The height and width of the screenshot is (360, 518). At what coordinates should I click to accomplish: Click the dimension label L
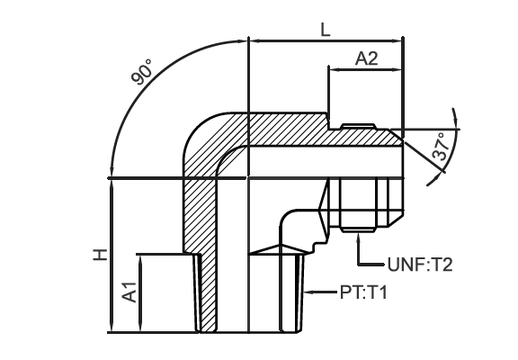[x=326, y=30]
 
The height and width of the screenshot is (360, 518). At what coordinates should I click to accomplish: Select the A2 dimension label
[x=366, y=58]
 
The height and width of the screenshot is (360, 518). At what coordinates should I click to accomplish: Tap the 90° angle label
[x=142, y=72]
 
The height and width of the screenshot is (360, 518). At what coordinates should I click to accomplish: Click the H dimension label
[x=100, y=255]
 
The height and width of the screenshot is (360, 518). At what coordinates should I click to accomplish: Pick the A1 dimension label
[x=129, y=292]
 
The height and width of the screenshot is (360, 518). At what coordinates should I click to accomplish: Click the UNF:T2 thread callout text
[x=420, y=265]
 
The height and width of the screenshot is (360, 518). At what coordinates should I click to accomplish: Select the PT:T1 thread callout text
[x=363, y=292]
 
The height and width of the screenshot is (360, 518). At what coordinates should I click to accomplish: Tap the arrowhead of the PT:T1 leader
[x=308, y=292]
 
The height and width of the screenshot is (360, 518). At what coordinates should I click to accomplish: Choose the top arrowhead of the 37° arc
[x=456, y=115]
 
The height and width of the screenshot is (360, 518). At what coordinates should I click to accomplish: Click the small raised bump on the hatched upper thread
[x=359, y=126]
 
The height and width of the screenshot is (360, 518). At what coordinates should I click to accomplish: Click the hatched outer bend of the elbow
[x=205, y=139]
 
